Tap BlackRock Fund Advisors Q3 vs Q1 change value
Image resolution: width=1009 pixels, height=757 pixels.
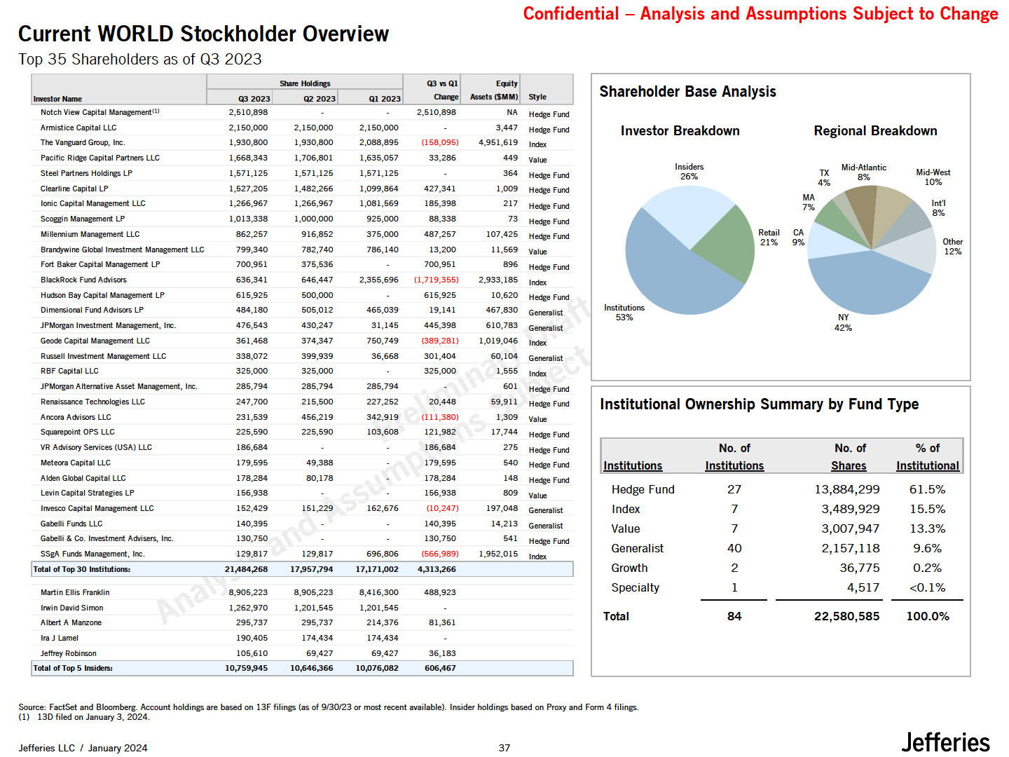(x=439, y=280)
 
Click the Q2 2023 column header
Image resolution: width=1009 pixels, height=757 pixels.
(x=319, y=99)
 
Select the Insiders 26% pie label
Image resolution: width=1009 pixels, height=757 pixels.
(x=689, y=172)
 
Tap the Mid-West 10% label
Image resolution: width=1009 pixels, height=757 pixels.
(x=933, y=177)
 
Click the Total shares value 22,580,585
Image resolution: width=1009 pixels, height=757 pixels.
(x=846, y=616)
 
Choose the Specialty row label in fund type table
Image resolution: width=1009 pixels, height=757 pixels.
(x=635, y=587)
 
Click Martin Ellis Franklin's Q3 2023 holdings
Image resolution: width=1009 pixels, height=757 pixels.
(x=248, y=592)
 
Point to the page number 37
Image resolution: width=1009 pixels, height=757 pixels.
(x=504, y=748)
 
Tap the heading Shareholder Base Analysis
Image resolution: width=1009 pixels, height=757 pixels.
(x=687, y=92)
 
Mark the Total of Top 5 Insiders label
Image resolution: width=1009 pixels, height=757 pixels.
(x=73, y=668)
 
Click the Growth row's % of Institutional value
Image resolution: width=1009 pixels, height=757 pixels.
(x=926, y=568)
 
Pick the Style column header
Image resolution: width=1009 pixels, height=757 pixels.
(x=537, y=97)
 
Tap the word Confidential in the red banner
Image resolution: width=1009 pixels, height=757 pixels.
(x=570, y=14)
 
